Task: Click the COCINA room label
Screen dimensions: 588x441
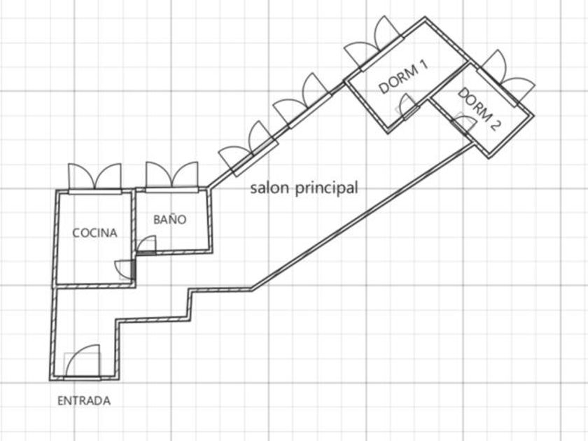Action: tap(94, 233)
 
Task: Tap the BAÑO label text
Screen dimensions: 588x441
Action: tap(170, 218)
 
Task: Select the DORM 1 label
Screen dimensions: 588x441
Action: tap(403, 78)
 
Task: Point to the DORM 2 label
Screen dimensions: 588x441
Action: tap(479, 109)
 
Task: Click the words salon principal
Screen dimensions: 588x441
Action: tap(304, 188)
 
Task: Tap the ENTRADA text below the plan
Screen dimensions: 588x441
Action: tap(84, 401)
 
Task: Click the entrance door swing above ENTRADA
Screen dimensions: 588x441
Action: tap(83, 360)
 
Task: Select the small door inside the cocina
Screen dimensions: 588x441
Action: tap(125, 269)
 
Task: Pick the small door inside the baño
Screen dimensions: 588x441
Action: tap(146, 244)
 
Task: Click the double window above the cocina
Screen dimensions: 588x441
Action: tap(95, 178)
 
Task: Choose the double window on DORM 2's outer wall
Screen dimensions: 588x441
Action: tap(506, 78)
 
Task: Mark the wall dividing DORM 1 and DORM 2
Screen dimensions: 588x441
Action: tap(449, 81)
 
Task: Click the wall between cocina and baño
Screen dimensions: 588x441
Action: tap(134, 237)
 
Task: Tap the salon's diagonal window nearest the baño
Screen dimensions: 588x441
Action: tap(248, 149)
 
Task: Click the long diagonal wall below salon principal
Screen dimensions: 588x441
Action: tap(363, 216)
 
